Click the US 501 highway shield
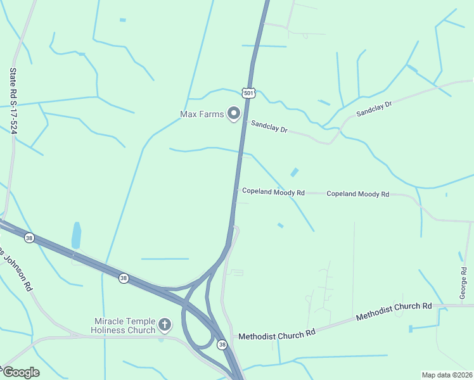point(249,94)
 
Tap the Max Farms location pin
point(234,114)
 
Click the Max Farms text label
point(202,115)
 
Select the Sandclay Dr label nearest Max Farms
point(269,127)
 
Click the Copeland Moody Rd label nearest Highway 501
point(273,192)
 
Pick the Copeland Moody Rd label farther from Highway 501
point(357,194)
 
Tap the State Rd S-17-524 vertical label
point(13,101)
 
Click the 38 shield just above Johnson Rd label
point(29,237)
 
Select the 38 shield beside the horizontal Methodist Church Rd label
point(222,345)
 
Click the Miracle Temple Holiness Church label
point(124,326)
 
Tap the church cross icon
point(164,326)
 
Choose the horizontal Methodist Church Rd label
point(277,334)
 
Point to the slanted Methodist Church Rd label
point(393,310)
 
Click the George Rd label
point(464,283)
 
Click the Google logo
point(20,372)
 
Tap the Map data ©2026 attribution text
point(447,374)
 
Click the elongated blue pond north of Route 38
point(77,235)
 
